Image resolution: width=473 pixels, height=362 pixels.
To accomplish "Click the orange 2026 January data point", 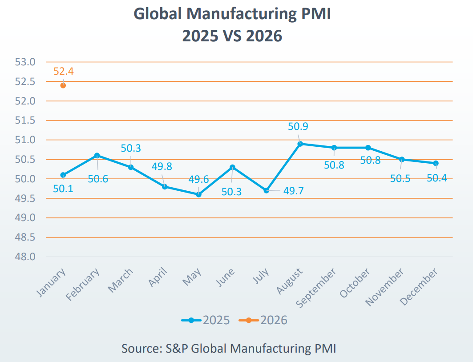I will pyautogui.click(x=63, y=85).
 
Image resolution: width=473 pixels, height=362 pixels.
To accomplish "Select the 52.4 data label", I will pyautogui.click(x=63, y=71).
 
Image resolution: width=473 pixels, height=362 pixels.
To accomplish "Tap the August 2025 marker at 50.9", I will pyautogui.click(x=300, y=144).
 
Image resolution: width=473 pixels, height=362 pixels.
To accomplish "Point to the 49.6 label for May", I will pyautogui.click(x=199, y=179).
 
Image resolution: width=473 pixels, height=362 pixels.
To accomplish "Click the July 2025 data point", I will pyautogui.click(x=267, y=190).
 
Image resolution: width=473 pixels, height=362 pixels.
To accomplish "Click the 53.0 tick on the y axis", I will pyautogui.click(x=25, y=62).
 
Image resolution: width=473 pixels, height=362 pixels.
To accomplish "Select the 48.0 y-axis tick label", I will pyautogui.click(x=25, y=257).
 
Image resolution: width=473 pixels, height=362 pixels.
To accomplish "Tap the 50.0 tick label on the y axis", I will pyautogui.click(x=25, y=179).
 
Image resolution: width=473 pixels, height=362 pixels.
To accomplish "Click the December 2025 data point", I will pyautogui.click(x=436, y=163).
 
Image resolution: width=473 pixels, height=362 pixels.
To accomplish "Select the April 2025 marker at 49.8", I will pyautogui.click(x=165, y=187).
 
